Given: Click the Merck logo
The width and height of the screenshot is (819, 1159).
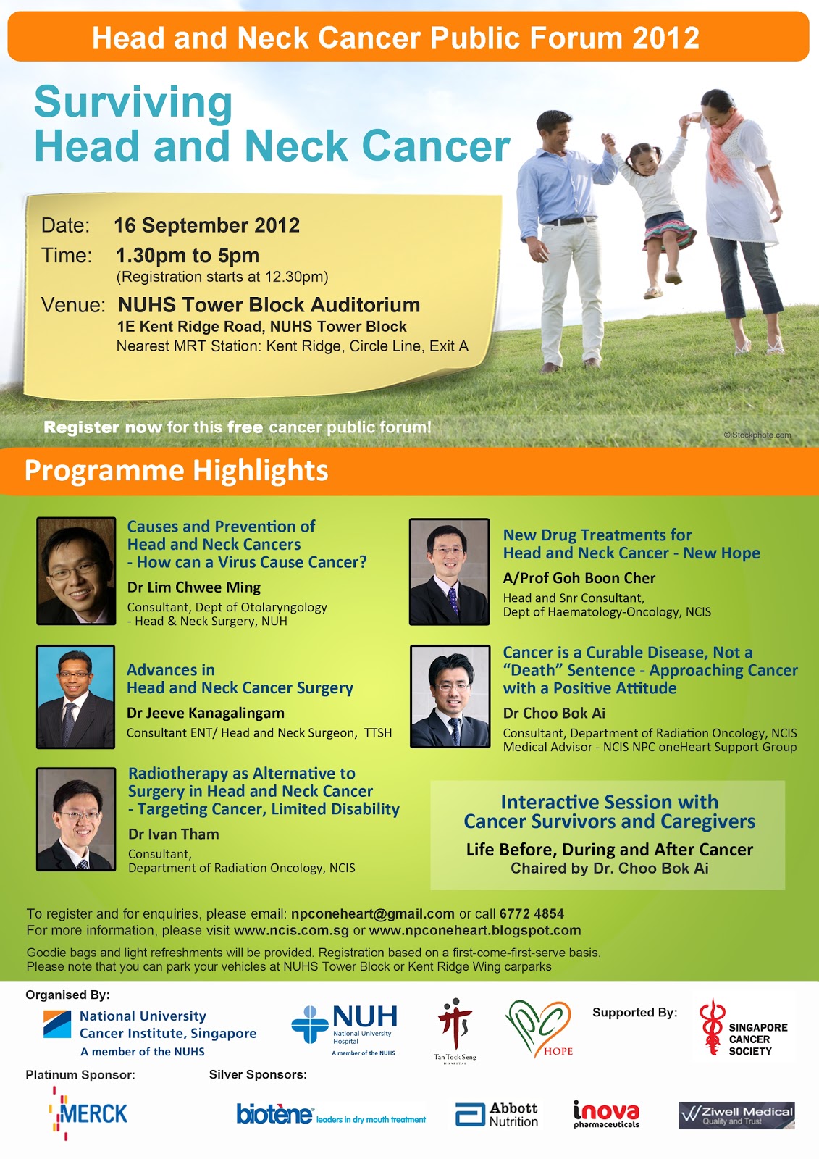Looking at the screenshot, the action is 88,1113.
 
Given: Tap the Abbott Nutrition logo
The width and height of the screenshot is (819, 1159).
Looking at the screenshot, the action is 496,1115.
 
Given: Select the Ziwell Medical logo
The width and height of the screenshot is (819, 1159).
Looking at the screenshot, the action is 736,1115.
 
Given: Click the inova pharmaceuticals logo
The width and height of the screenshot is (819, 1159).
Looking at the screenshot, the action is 606,1114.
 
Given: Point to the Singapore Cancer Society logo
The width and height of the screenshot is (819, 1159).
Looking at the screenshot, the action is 743,1028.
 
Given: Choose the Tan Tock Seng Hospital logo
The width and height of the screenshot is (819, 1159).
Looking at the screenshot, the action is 455,1029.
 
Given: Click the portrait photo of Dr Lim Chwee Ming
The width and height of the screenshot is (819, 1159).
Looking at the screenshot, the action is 76,571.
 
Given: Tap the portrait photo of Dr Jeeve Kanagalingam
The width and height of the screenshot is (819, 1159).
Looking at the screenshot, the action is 75,696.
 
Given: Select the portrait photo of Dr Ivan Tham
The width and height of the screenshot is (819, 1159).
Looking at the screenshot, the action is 76,819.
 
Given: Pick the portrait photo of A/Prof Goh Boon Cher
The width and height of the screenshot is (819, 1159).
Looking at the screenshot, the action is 449,572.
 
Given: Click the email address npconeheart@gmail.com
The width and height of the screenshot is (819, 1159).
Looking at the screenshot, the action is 372,913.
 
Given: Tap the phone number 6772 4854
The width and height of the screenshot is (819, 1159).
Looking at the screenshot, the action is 532,913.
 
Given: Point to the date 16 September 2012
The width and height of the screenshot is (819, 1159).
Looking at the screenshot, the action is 206,225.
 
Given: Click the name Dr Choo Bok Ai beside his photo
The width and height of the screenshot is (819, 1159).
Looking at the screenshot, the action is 554,713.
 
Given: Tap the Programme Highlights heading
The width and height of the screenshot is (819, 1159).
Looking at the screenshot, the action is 177,470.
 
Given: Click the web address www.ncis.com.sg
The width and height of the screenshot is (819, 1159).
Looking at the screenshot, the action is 291,930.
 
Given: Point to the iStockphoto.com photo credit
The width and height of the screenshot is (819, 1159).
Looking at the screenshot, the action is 757,435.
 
